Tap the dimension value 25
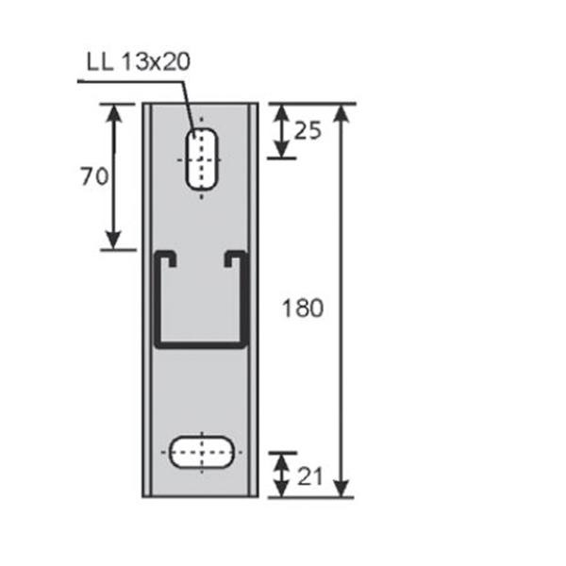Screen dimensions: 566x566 pos(308,130)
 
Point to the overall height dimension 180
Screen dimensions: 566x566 pos(304,308)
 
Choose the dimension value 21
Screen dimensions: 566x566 pos(308,475)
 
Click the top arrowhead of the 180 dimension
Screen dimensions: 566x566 pos(341,109)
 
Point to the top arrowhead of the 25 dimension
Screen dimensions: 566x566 pos(282,109)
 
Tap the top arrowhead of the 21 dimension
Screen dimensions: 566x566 pos(282,459)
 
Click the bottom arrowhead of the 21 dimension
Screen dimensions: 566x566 pos(282,490)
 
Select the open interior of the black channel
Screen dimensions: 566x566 pos(200,302)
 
